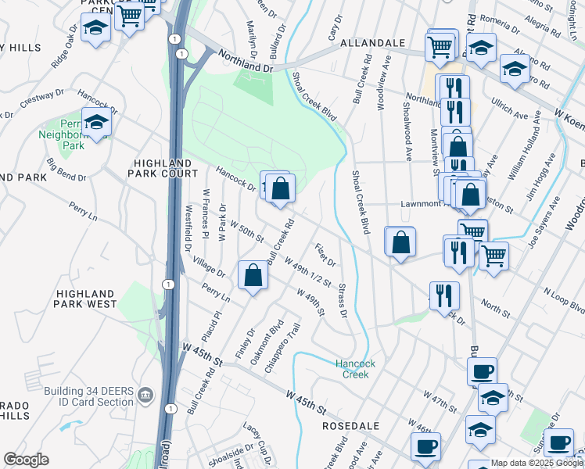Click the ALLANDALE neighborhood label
pos(372,43)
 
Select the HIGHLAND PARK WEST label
pos(85,298)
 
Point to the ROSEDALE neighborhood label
pos(350,426)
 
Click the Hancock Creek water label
pos(356,369)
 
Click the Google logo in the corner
pos(26,460)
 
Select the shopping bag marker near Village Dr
pos(253,276)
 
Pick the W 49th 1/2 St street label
pos(308,273)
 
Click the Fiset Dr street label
pos(325,254)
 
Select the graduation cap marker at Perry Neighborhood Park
pos(96,123)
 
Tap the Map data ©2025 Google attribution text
pos(537,463)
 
